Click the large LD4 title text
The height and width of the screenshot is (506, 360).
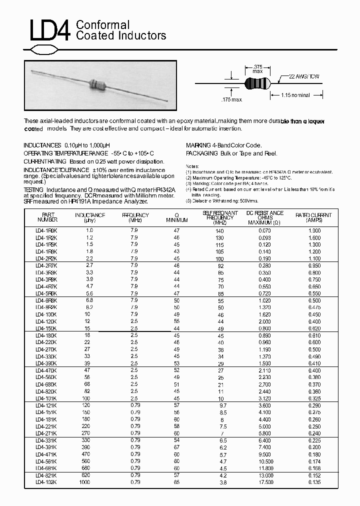pyautogui.click(x=48, y=30)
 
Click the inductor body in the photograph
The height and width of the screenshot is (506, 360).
pyautogui.click(x=98, y=83)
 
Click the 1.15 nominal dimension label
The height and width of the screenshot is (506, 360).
pyautogui.click(x=295, y=95)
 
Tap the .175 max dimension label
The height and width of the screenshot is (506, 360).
pyautogui.click(x=231, y=100)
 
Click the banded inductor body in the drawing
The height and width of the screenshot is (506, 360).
pyautogui.click(x=257, y=83)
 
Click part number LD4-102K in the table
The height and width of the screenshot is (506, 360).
pyautogui.click(x=46, y=482)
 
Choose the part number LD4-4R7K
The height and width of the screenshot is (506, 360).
pyautogui.click(x=46, y=286)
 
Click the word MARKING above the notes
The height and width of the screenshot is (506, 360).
pyautogui.click(x=198, y=145)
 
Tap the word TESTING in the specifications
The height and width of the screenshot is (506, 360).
pyautogui.click(x=34, y=190)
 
